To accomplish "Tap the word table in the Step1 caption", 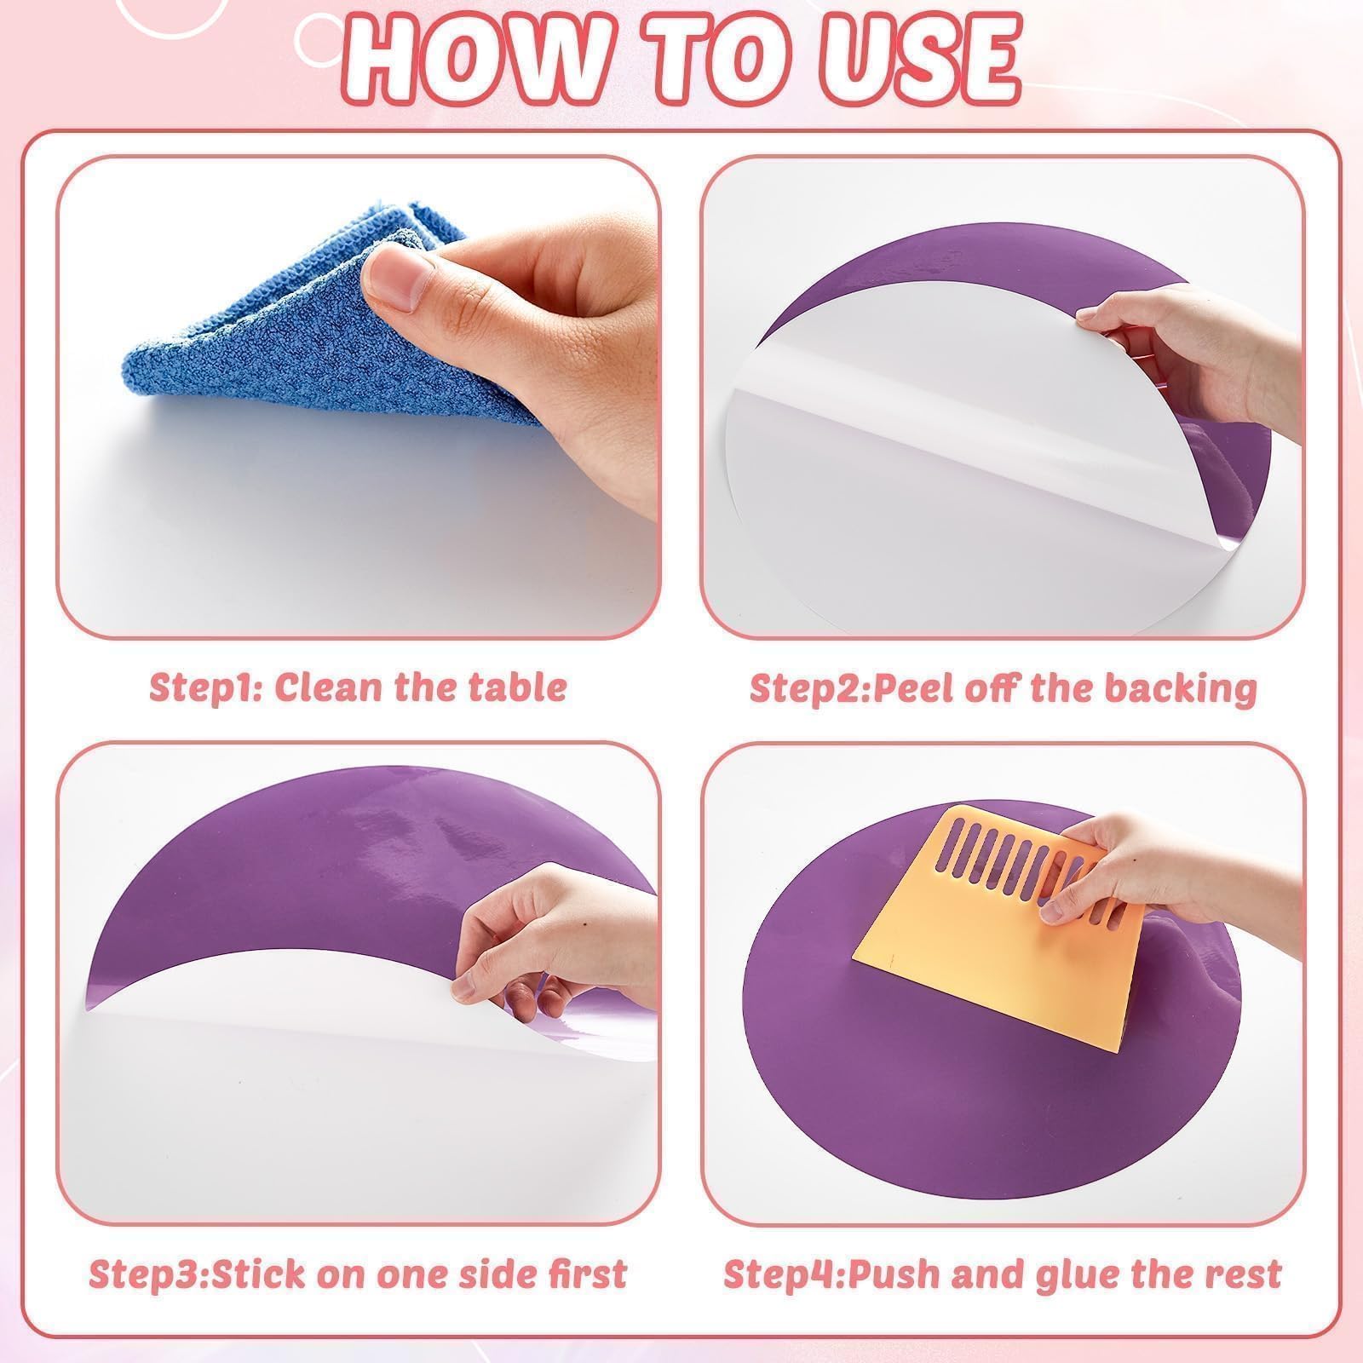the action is pos(519,687).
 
